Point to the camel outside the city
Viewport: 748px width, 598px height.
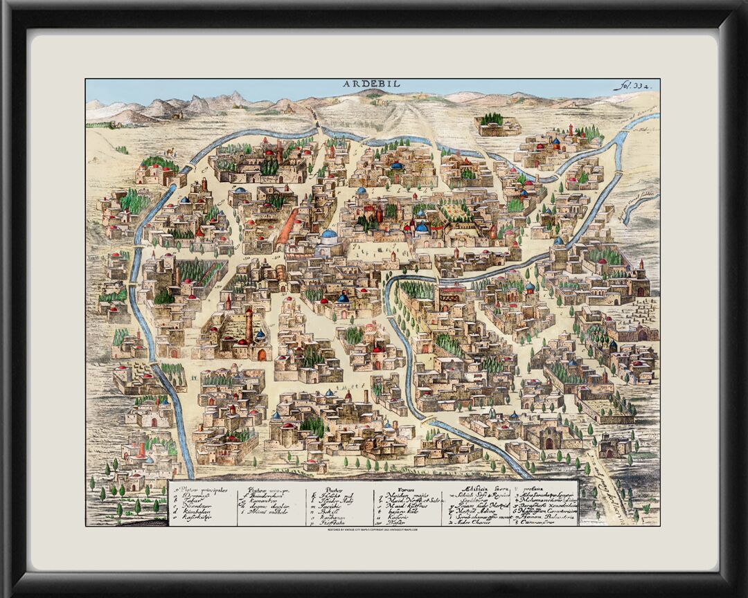point(169,152)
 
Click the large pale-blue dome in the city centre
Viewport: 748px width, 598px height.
point(329,235)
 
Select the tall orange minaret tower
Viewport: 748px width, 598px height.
point(249,325)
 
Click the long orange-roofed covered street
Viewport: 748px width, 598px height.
point(287,227)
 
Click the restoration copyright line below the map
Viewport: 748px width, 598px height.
point(374,530)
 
